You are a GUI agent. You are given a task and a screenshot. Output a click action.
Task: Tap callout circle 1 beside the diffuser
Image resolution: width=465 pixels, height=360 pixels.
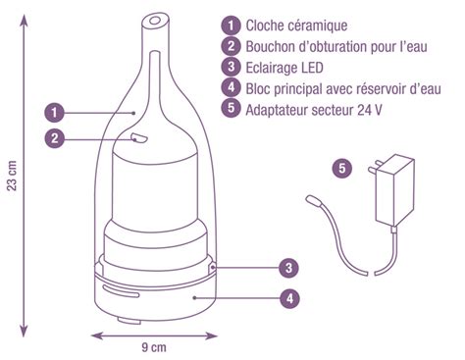[x=56, y=112]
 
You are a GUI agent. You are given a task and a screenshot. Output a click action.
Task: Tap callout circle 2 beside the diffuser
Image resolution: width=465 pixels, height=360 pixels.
[x=56, y=138]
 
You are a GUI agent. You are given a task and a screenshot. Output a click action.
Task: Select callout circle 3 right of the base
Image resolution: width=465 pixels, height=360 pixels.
[x=286, y=266]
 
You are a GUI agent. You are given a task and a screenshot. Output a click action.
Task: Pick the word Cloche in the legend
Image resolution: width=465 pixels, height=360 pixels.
[x=268, y=25]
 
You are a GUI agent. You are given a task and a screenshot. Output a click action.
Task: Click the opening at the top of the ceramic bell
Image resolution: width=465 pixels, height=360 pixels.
[x=154, y=19]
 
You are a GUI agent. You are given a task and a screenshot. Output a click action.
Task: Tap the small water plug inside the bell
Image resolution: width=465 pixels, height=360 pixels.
[x=137, y=137]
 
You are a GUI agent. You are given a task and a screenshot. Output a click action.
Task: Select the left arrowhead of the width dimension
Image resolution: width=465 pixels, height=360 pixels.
[x=96, y=333]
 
